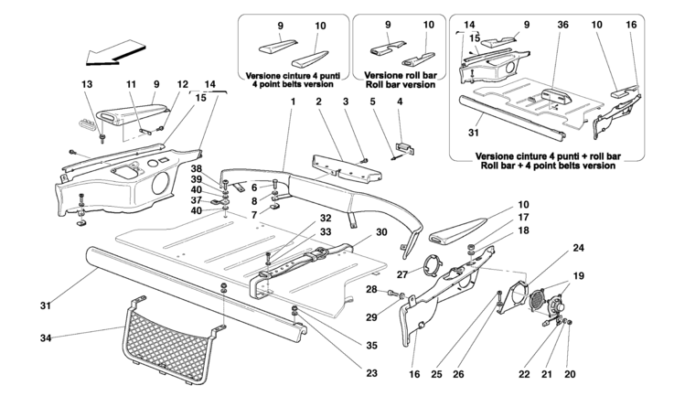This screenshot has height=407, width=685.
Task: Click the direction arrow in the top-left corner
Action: click(x=115, y=52)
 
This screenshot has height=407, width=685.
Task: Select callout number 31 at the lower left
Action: click(x=46, y=306)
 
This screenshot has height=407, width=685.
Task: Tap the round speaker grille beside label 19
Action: click(x=537, y=300)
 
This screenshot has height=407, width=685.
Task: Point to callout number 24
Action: click(x=578, y=248)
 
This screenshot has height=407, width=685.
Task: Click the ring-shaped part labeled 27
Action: click(x=430, y=264)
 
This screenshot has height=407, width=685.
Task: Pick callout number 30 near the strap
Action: click(x=381, y=232)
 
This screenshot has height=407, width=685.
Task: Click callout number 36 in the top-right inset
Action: click(x=562, y=25)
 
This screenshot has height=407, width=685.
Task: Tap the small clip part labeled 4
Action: click(x=404, y=148)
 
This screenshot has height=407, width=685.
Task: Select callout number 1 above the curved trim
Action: click(x=294, y=102)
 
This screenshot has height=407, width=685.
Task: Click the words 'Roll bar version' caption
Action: click(x=401, y=85)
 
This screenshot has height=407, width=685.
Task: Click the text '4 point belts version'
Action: click(x=293, y=84)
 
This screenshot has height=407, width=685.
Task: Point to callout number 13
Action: click(x=88, y=84)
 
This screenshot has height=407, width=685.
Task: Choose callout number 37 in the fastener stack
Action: click(x=197, y=200)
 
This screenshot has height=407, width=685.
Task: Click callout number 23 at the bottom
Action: click(x=371, y=373)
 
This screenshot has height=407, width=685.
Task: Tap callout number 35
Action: click(x=371, y=346)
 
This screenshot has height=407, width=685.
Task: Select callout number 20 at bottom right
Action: click(x=570, y=374)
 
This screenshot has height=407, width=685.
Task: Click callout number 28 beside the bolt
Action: click(x=371, y=290)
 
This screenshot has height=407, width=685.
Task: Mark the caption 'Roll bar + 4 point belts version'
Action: click(x=548, y=166)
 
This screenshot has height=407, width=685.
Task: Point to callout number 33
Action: click(x=326, y=232)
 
